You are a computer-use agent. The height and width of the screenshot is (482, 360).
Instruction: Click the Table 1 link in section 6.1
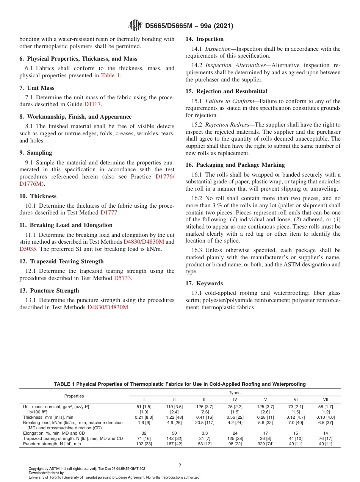coord(110,75)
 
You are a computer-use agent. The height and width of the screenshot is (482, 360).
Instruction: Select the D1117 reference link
coord(92,104)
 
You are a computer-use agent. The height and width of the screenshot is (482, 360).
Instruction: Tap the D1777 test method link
coord(109,213)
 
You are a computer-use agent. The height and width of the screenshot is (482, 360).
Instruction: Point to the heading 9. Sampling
coord(36,153)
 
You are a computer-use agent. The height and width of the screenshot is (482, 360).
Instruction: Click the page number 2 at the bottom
coord(180,466)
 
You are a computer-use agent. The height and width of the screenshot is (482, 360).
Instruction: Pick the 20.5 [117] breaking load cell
coord(205,423)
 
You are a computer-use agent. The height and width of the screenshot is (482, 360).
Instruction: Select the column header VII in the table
coord(326,399)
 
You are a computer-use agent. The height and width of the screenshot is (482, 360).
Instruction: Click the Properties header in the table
coord(74,396)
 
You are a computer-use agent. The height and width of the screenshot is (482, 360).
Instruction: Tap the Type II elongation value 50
coord(174,433)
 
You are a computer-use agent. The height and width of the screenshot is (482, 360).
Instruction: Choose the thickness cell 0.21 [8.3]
coord(144,417)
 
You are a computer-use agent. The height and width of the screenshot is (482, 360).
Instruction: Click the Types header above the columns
coord(235,393)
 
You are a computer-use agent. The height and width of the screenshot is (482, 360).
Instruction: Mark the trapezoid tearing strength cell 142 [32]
coord(174,438)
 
